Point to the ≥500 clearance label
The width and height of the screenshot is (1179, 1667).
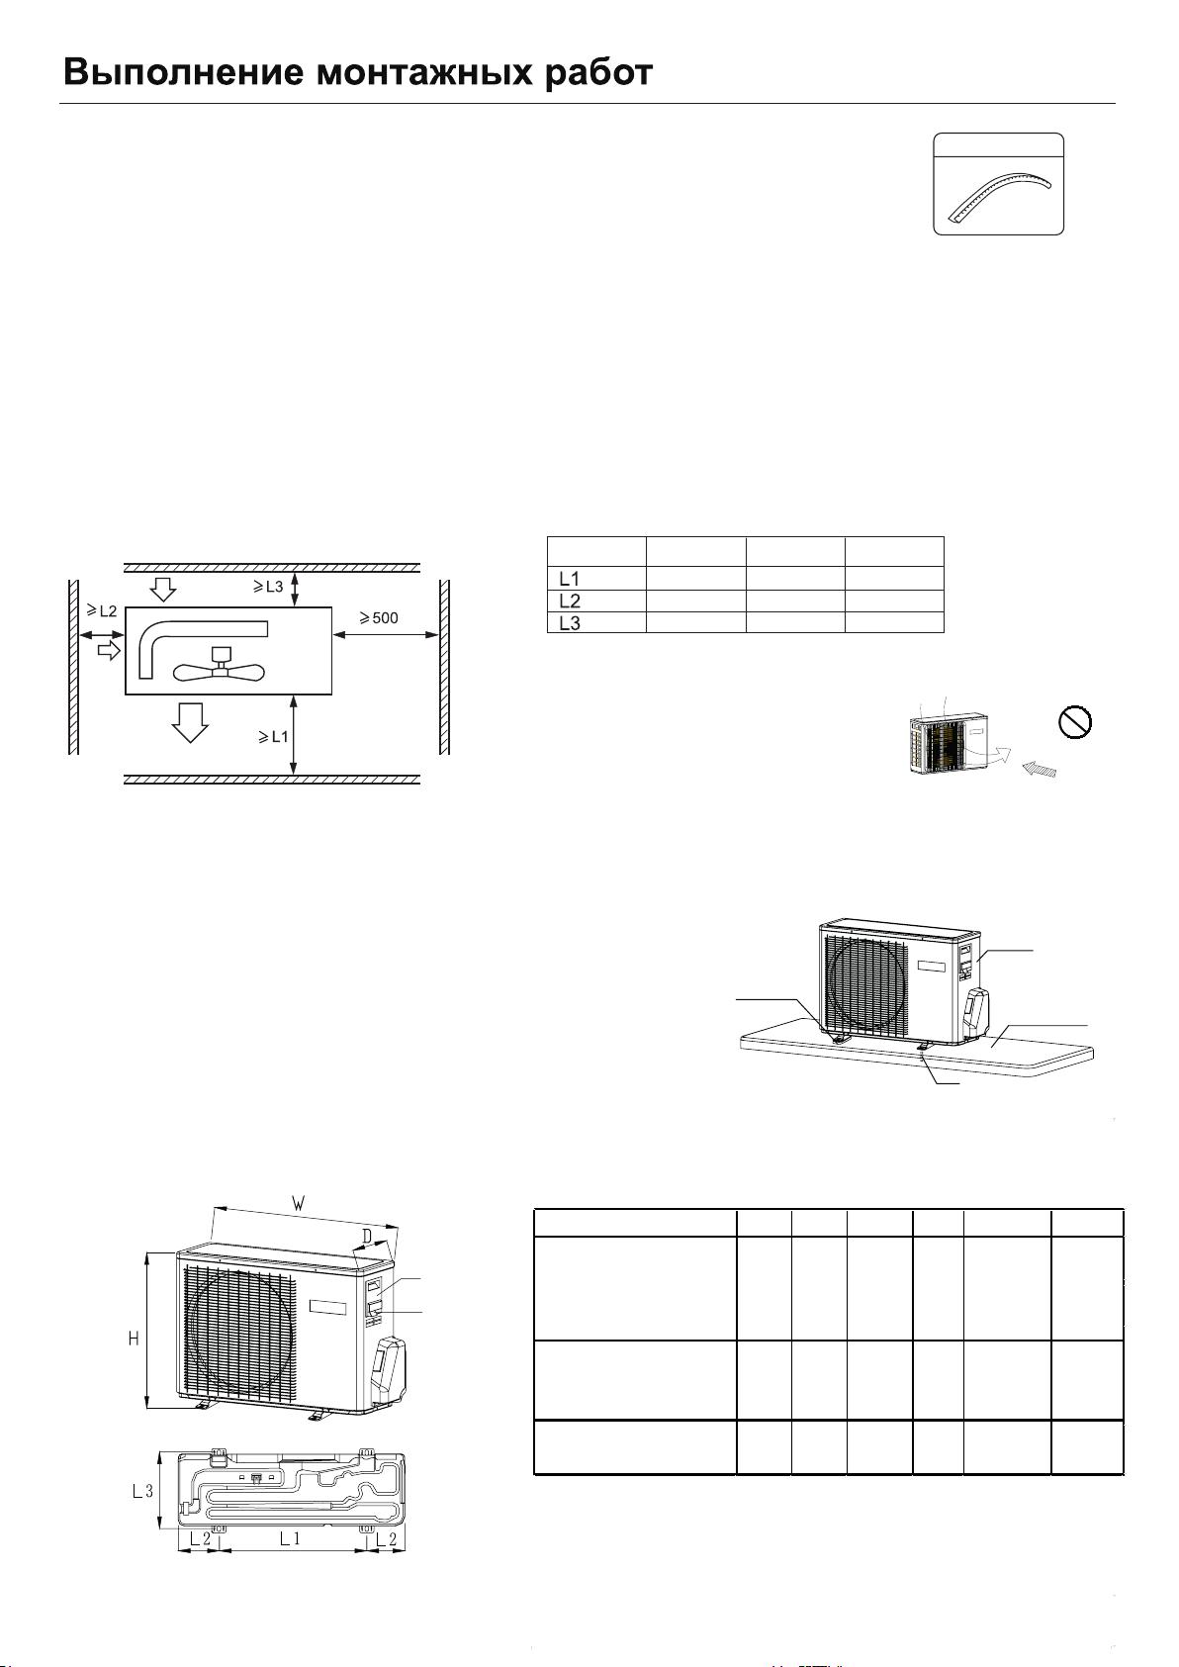coord(379,617)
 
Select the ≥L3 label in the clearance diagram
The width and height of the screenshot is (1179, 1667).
coord(268,587)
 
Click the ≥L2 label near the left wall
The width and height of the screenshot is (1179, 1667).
coord(102,611)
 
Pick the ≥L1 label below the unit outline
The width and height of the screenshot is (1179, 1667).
coord(272,737)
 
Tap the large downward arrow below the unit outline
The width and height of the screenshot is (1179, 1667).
coord(190,722)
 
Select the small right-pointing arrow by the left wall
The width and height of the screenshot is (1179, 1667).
coord(110,650)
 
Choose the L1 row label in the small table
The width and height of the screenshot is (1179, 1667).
coord(569,578)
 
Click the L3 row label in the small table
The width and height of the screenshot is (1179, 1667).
coord(569,623)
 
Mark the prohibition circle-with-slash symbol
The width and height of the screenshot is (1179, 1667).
coord(1075,722)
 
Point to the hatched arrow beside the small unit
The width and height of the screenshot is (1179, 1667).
coord(1040,769)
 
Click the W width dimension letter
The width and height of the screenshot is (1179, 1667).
coord(298,1203)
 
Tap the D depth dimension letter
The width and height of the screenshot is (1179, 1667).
coord(367,1236)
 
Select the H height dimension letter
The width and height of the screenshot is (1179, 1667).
coord(134,1339)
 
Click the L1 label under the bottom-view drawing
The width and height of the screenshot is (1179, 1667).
coord(290,1538)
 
